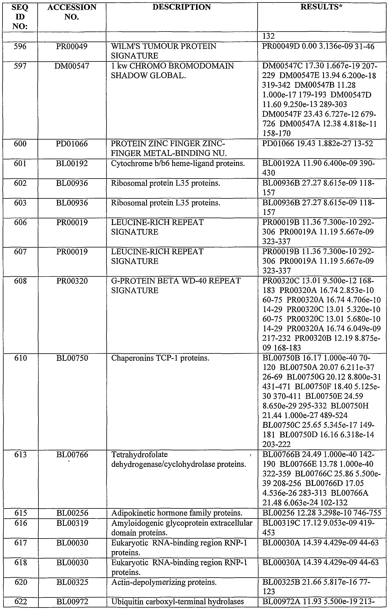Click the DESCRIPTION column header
(x=182, y=7)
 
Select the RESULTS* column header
(x=321, y=7)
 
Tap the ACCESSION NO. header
(x=72, y=12)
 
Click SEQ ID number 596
(x=20, y=46)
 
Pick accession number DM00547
(x=72, y=66)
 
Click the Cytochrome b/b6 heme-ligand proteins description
(x=178, y=164)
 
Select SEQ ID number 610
(x=20, y=358)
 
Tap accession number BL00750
(x=72, y=358)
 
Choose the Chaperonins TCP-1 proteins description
(x=160, y=358)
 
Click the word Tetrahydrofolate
(x=140, y=454)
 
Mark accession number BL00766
(x=72, y=454)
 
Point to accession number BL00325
(x=72, y=582)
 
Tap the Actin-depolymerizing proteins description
(x=164, y=582)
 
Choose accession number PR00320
(x=72, y=281)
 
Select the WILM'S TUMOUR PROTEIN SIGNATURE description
(x=164, y=51)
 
